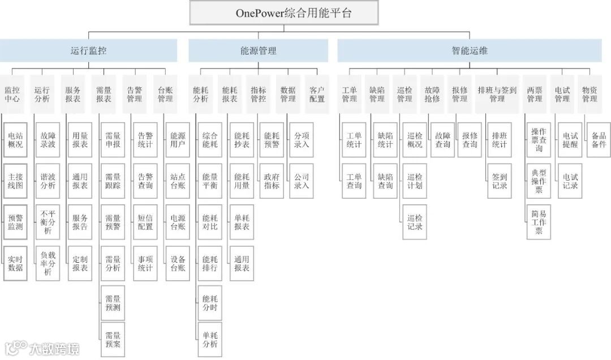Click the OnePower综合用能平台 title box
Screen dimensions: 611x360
point(294,13)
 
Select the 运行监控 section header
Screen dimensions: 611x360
point(89,50)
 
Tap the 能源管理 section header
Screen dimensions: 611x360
point(258,50)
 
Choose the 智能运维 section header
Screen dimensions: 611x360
point(469,50)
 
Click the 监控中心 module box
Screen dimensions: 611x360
point(12,94)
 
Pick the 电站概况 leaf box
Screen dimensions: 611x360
point(15,140)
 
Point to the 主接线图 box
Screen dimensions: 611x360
point(15,181)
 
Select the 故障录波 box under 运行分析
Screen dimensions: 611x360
point(48,140)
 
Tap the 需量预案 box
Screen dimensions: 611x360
point(113,340)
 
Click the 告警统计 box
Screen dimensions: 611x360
point(145,140)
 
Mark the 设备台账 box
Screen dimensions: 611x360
point(178,263)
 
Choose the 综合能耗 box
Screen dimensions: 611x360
point(210,140)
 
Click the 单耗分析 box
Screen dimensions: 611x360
point(210,340)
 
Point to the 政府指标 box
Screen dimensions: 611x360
point(272,181)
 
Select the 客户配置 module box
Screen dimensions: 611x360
point(317,94)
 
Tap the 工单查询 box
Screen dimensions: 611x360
point(354,181)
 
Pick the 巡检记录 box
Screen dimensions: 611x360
point(415,222)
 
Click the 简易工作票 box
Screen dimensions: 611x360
point(539,222)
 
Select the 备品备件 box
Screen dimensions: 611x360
point(599,140)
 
